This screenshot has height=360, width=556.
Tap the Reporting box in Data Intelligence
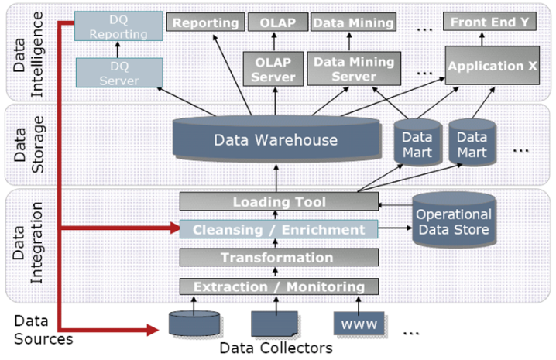tap(204, 22)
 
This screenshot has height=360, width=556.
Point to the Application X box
tap(493, 67)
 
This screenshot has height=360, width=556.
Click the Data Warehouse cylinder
tap(276, 141)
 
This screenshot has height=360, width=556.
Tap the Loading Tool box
tap(280, 201)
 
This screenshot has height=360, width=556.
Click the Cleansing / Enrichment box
tap(280, 229)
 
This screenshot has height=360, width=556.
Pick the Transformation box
tap(280, 257)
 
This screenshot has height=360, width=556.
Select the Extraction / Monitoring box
tap(280, 286)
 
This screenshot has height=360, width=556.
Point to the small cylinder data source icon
tap(194, 322)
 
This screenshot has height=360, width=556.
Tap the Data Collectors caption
tap(276, 348)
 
